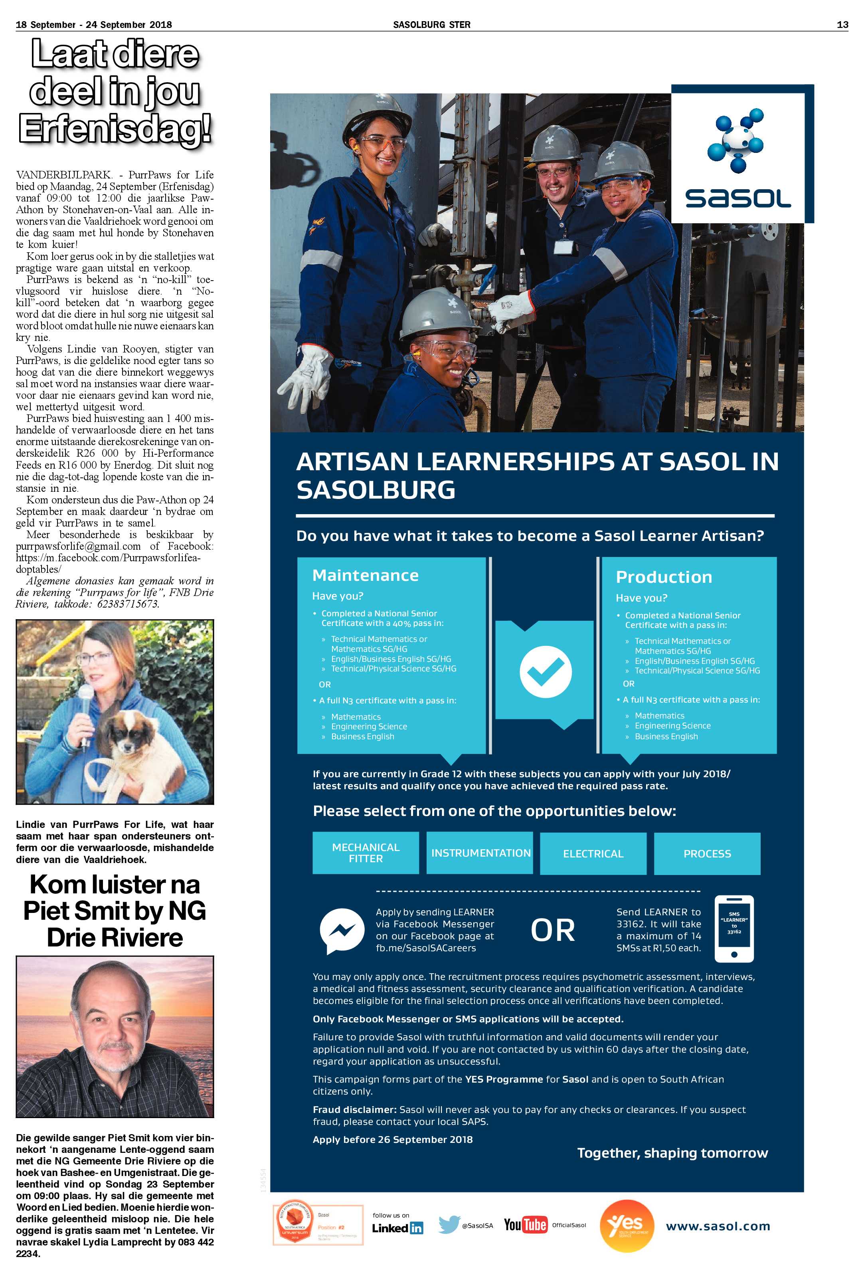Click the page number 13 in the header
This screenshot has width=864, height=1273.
(842, 25)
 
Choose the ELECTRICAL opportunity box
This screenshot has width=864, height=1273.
(593, 853)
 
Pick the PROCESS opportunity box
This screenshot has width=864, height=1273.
(707, 853)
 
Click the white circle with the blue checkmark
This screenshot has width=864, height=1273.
(546, 672)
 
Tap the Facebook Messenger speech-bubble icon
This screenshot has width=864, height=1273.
(342, 930)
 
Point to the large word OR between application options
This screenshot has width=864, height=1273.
(552, 930)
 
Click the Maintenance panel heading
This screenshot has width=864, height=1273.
(365, 575)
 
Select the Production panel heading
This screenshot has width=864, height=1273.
(664, 577)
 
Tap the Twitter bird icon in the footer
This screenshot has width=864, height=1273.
(449, 1224)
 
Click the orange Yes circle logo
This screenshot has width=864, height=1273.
(627, 1225)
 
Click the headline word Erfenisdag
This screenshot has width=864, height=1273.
(115, 130)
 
